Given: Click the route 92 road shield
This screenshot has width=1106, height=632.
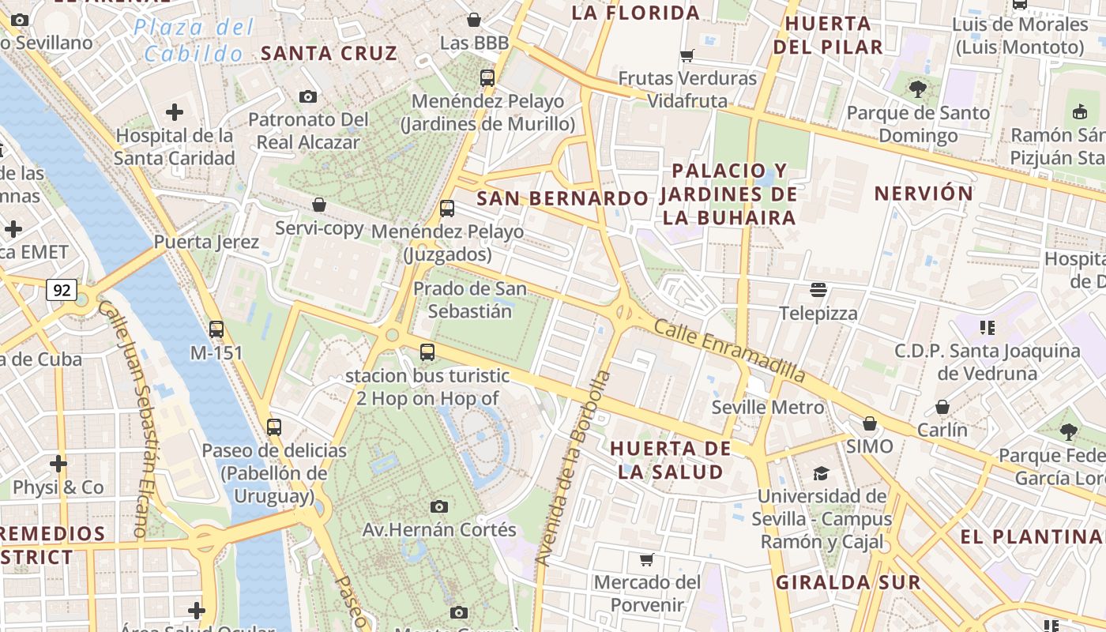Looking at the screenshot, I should pos(61,290).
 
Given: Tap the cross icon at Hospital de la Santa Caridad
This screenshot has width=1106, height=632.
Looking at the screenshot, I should pos(175,112).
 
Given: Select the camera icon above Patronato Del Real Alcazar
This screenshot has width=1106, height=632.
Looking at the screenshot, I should pos(308,96).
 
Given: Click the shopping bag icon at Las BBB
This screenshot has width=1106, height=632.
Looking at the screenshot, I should pos(474,20).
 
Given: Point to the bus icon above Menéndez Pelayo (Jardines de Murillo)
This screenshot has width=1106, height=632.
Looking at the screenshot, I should pos(487,77).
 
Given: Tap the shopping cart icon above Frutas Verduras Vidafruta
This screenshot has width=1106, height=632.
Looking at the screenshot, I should pos(687,55).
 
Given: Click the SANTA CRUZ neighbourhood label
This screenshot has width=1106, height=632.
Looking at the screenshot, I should pos(329,54).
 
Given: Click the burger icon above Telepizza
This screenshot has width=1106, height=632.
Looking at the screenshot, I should pos(818,290).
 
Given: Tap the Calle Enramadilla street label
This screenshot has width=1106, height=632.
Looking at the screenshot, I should pos(730,351).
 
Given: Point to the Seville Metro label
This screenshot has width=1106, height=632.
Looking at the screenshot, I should pos(767,408).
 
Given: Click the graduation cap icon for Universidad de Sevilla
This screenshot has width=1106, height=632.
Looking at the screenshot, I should pos(821,473).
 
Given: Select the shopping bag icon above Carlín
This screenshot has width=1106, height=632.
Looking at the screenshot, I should pos(942,407).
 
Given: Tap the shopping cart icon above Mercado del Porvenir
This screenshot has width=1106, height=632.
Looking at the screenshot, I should pos(646,559).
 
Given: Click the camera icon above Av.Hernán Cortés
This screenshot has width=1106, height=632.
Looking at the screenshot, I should pos(439,506).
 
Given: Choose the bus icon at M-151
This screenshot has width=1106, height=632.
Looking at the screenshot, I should pos(216,329).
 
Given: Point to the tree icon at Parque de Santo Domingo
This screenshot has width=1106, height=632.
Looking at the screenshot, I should pos(917,89).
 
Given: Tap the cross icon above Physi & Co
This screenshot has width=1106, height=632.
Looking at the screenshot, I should pos(58,463).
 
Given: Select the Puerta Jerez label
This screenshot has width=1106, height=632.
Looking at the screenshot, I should pos(206,242).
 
